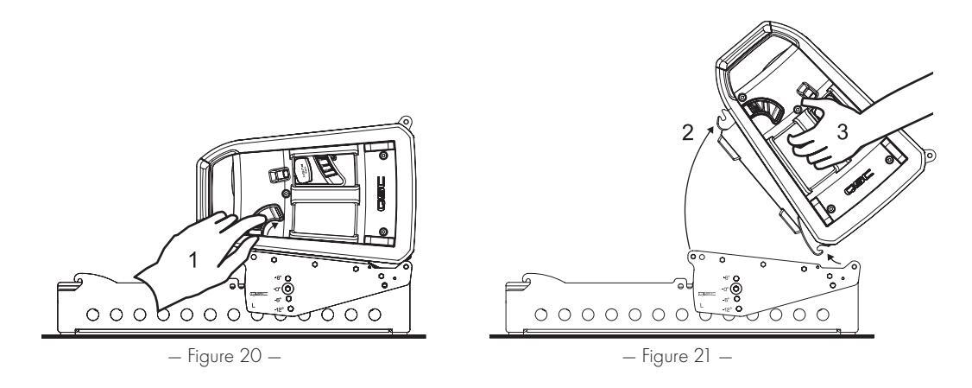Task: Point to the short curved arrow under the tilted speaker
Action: pos(830,255)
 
